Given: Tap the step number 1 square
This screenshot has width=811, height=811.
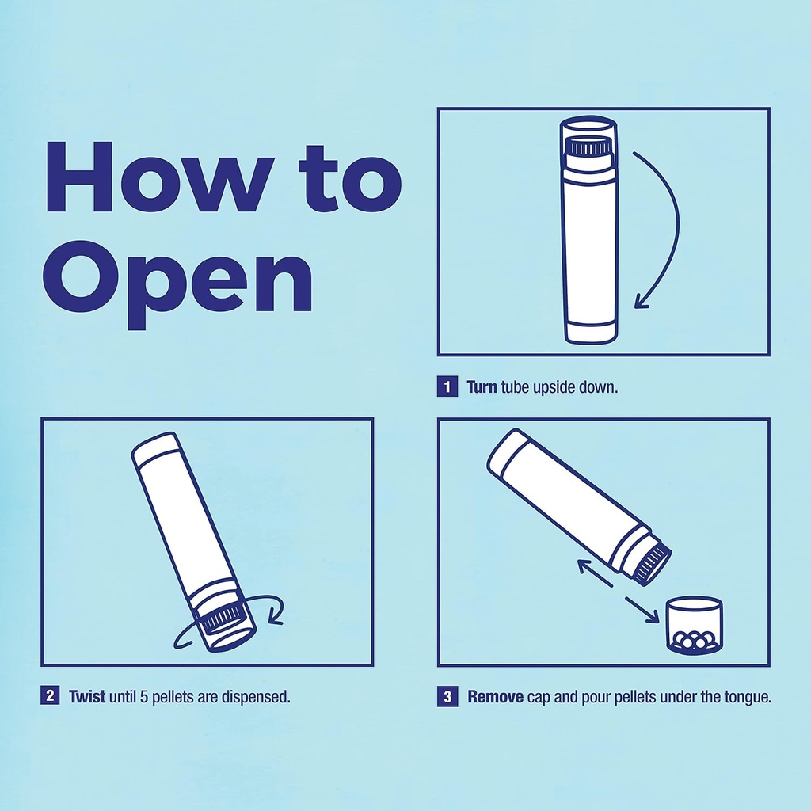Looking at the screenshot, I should pos(447,387).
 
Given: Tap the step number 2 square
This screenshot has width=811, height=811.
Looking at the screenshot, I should pos(50,697).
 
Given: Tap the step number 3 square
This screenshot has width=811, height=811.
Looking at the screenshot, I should pos(447,697).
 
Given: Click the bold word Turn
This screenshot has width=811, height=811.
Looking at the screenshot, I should pos(482,388).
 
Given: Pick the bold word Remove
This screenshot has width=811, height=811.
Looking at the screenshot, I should pos(495,697).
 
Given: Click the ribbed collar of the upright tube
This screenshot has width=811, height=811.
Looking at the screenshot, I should pos(588,147).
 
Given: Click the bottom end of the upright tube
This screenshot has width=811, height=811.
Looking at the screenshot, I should pos(590,333).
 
